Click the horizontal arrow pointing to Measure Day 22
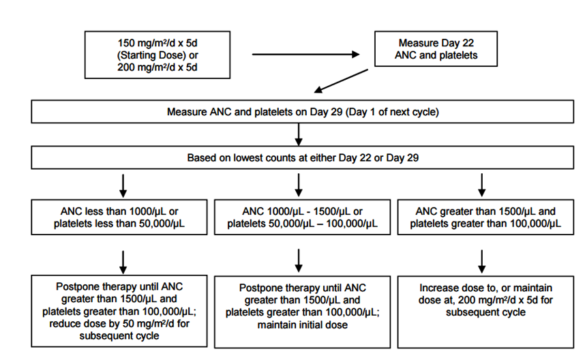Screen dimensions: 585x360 coord(305,55)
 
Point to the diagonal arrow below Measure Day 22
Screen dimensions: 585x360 coord(341,80)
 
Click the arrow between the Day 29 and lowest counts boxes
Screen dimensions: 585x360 coord(299,134)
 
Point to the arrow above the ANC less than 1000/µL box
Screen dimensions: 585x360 coord(123,185)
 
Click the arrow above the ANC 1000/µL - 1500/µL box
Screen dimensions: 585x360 coord(299,185)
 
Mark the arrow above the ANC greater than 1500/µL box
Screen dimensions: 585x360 coord(481,185)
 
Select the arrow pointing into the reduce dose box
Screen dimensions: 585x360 coord(123,262)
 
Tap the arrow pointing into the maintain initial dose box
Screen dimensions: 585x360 coord(299,261)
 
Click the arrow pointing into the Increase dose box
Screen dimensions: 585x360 coord(481,262)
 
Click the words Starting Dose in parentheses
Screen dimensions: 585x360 coord(151,55)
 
